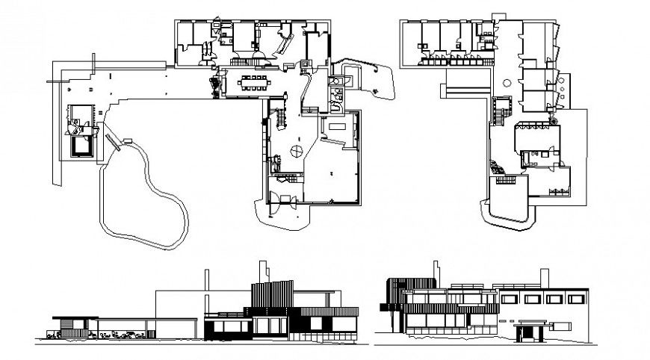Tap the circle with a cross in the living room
(x=296, y=152)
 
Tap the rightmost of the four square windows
(x=573, y=300)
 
